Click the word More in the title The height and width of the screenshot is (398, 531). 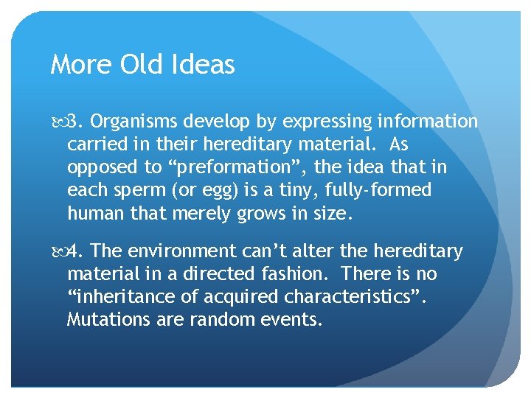click(77, 65)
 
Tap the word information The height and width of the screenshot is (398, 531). click(428, 121)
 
